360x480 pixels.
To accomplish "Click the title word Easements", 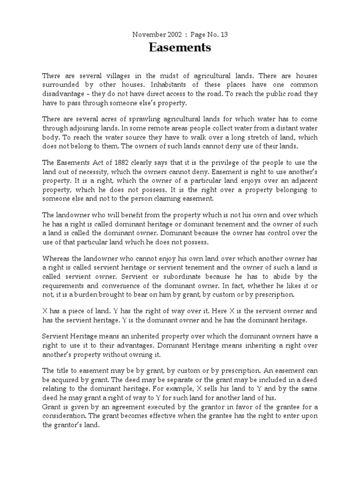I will pos(180,48).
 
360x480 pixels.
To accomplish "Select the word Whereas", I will pos(56,258).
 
